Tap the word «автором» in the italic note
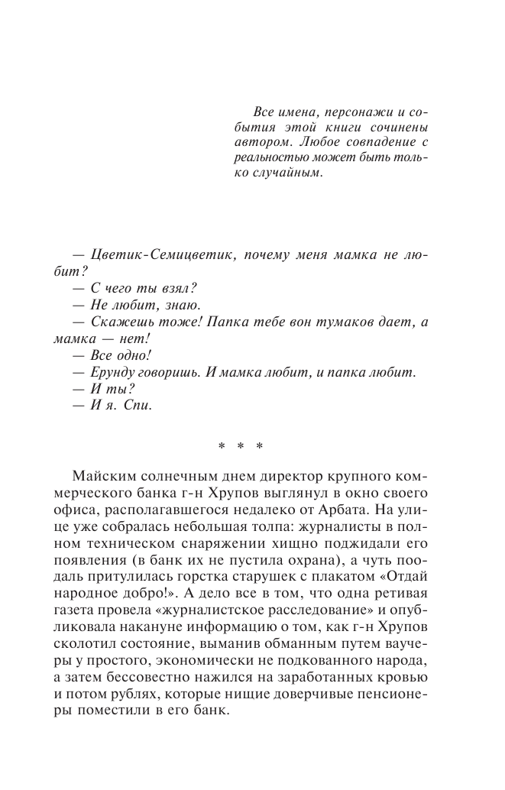coord(257,141)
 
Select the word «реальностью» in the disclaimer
coord(267,157)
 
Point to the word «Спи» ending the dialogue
coord(141,406)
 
